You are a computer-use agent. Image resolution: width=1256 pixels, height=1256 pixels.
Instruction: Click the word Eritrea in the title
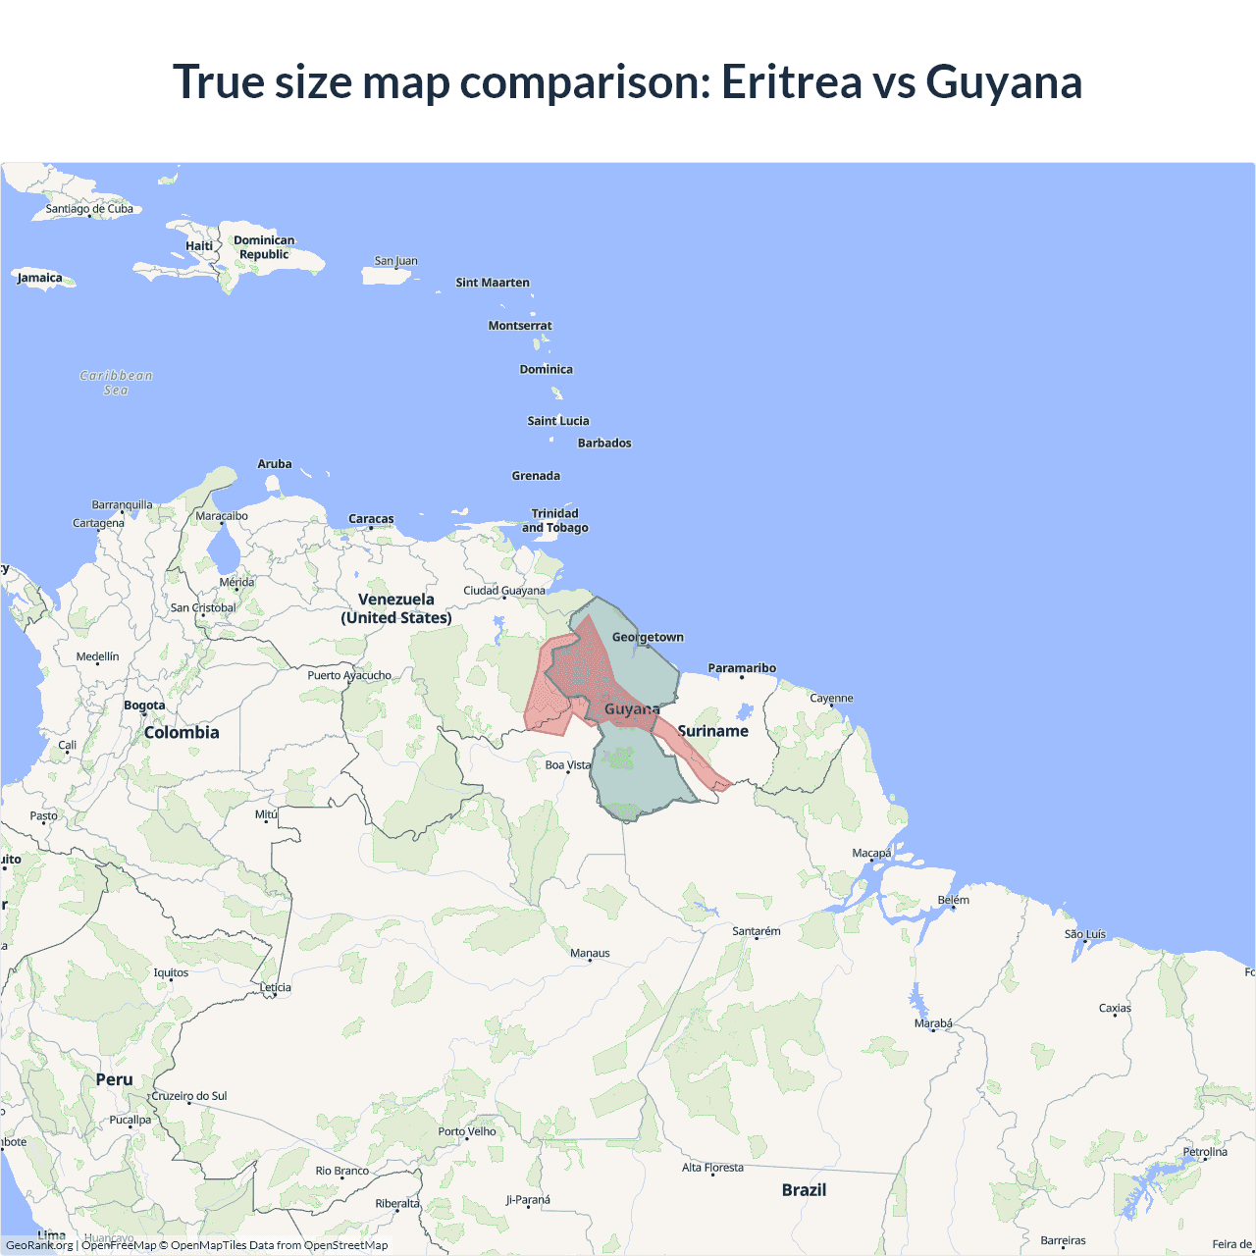click(x=790, y=81)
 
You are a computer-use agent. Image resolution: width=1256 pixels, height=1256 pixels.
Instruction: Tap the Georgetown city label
click(x=648, y=637)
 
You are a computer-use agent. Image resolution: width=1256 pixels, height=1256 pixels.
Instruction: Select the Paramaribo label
click(x=742, y=668)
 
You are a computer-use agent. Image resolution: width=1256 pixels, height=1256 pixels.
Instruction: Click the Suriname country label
click(x=712, y=731)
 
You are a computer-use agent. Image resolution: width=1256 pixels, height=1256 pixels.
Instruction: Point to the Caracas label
click(x=371, y=518)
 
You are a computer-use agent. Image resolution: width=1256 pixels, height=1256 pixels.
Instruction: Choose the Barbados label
click(x=604, y=443)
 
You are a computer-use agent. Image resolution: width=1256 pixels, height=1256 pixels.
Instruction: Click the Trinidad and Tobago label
click(x=555, y=520)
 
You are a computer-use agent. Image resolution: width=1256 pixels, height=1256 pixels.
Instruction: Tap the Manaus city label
click(x=590, y=953)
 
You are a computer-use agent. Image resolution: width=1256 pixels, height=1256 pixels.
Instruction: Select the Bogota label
click(x=144, y=705)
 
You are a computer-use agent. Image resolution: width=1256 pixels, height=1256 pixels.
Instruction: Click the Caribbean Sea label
click(x=116, y=383)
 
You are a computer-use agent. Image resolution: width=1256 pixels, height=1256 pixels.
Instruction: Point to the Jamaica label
click(x=40, y=278)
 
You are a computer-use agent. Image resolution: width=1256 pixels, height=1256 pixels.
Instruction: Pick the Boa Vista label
click(x=568, y=764)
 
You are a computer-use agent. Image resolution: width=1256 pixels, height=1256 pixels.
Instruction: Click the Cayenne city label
click(x=831, y=698)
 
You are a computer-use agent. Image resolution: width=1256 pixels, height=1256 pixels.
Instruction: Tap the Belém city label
click(x=953, y=900)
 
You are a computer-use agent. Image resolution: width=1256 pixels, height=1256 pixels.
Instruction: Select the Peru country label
click(x=114, y=1079)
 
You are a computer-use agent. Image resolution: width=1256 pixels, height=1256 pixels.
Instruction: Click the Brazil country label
click(x=804, y=1189)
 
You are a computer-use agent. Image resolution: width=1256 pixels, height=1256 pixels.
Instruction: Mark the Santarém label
click(x=757, y=931)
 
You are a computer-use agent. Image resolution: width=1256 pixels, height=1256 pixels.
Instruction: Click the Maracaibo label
click(x=222, y=515)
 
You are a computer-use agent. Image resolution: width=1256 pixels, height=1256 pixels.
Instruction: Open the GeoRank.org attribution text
click(x=39, y=1245)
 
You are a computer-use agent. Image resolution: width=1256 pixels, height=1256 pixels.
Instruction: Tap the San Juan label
click(x=395, y=261)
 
